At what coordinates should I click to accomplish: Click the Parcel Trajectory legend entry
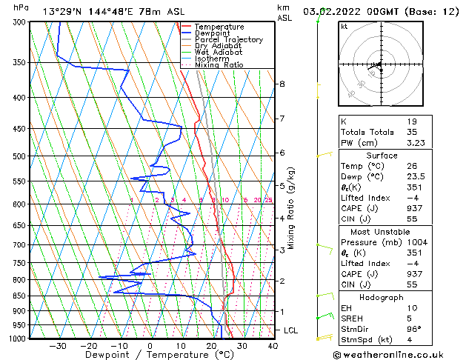coord(229,39)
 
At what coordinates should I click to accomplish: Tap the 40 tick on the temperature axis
coord(273,345)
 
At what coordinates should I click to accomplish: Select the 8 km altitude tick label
coord(282,84)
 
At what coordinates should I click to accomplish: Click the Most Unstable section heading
coord(382,232)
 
